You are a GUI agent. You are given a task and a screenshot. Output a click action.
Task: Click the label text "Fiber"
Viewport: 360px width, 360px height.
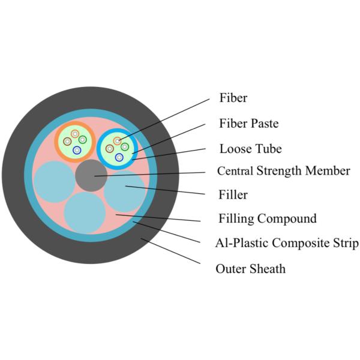tap(233, 98)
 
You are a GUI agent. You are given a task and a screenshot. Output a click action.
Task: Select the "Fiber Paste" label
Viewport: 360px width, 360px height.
tap(249, 124)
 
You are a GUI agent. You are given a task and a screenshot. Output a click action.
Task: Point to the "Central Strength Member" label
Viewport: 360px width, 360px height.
tap(283, 171)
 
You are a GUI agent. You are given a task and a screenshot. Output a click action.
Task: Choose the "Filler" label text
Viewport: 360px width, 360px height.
tap(233, 195)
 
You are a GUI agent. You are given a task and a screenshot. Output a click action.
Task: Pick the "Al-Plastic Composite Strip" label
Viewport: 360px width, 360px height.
tap(287, 243)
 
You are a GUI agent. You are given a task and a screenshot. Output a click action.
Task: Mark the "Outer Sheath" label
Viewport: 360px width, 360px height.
tap(250, 268)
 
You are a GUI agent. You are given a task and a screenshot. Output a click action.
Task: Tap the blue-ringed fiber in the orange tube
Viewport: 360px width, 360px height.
tap(77, 150)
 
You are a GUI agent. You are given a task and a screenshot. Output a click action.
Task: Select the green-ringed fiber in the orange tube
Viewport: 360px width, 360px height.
tap(83, 140)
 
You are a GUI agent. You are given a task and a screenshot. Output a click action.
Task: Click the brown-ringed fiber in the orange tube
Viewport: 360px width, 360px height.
tap(68, 142)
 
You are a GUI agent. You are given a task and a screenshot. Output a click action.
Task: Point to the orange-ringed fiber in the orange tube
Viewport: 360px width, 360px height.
tap(75, 133)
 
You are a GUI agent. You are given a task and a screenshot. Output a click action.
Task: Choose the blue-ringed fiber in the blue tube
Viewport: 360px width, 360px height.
tap(119, 157)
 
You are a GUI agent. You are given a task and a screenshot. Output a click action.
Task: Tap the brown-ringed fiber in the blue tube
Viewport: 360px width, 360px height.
tap(110, 148)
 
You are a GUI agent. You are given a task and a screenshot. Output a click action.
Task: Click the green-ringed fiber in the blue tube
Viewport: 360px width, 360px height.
tap(125, 146)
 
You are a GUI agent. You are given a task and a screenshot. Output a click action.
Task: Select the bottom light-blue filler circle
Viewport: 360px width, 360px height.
tap(85, 212)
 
